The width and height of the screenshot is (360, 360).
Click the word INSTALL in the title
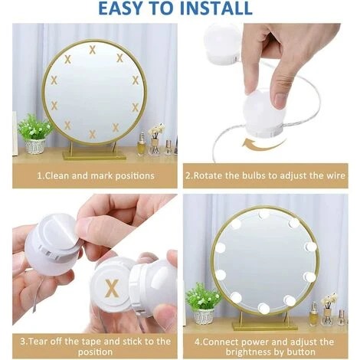[216, 8]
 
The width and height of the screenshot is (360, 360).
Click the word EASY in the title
[123, 8]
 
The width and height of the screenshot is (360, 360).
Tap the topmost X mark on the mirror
[92, 50]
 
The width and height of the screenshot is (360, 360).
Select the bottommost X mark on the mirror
[92, 134]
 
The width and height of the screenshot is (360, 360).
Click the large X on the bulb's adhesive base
[112, 288]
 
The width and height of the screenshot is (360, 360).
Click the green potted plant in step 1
[34, 134]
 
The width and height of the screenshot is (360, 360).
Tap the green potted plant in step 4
[203, 303]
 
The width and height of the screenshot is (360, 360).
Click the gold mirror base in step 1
[94, 155]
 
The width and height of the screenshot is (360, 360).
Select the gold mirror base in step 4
[265, 326]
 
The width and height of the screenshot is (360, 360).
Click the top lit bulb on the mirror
[263, 214]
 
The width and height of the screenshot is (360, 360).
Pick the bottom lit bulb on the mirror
[263, 309]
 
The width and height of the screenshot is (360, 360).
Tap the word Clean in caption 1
[57, 175]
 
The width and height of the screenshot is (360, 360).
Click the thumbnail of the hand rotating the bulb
[266, 93]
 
